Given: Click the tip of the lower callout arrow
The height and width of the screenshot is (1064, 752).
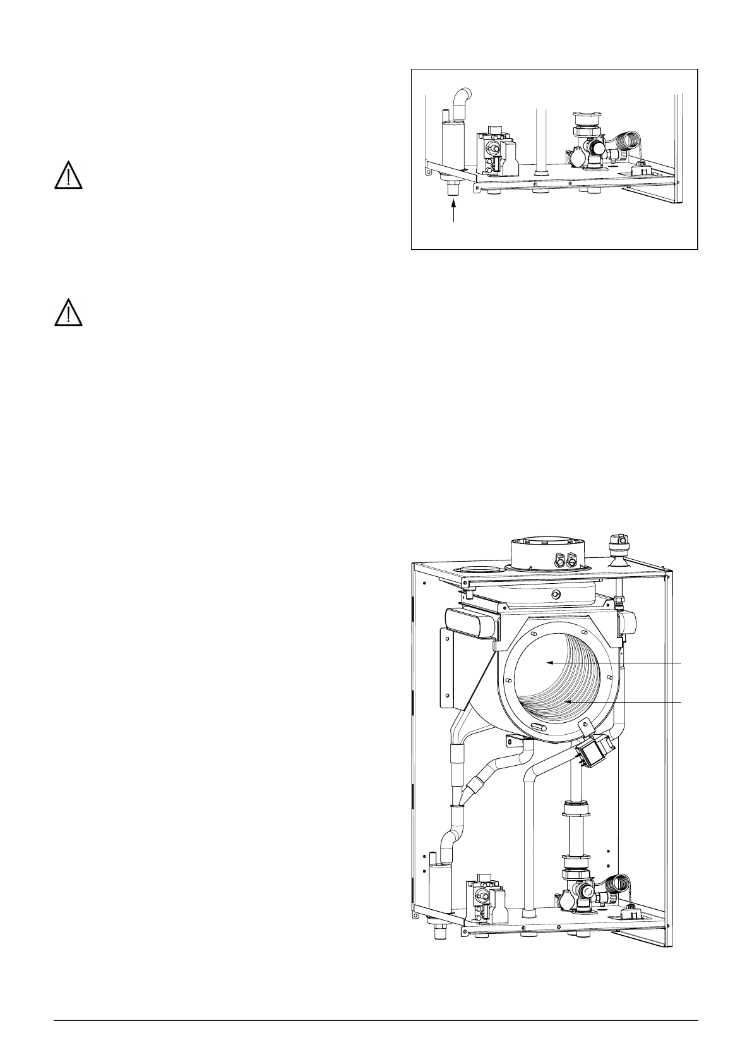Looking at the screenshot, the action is (x=566, y=701).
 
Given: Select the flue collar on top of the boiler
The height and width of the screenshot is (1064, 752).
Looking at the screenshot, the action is (x=546, y=553).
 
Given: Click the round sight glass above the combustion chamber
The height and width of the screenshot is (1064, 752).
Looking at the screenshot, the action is (x=555, y=595).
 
